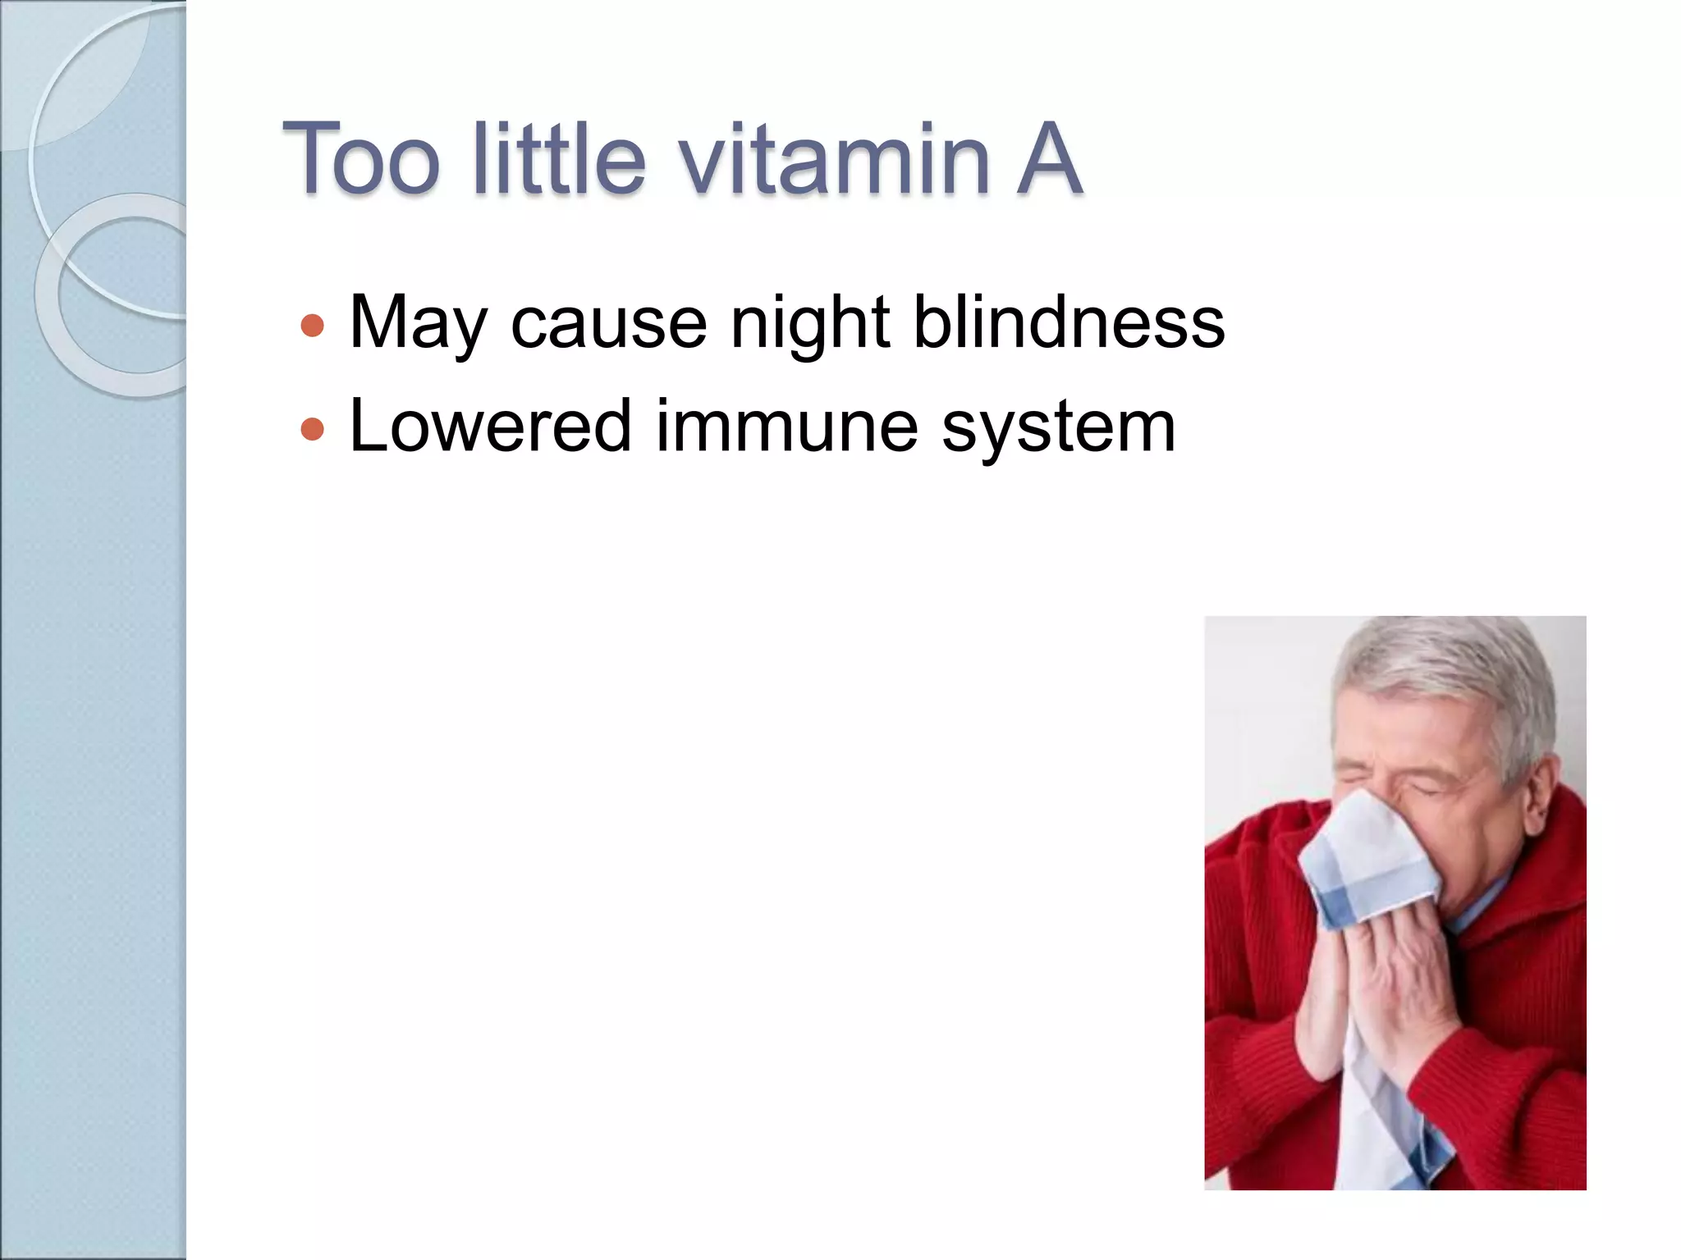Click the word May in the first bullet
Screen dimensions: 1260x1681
pos(419,324)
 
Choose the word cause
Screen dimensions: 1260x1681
pos(608,324)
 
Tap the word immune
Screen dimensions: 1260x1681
pos(786,427)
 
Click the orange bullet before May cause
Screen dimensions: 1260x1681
pos(312,326)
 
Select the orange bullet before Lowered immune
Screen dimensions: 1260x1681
pos(312,429)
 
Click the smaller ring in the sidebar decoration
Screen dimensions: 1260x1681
pos(123,295)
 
